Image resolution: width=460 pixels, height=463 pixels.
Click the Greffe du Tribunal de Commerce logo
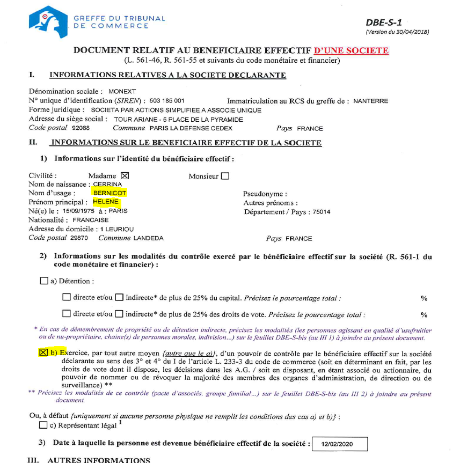(x=48, y=21)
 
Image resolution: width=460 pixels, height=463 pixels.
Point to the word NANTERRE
(x=370, y=101)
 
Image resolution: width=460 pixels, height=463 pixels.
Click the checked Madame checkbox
(x=125, y=175)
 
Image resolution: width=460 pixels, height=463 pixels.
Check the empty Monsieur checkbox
(x=225, y=175)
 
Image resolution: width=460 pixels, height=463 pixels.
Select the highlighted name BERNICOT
(x=109, y=193)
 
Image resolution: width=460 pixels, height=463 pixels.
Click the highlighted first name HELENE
(x=105, y=202)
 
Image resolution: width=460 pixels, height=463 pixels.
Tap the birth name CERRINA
(x=107, y=185)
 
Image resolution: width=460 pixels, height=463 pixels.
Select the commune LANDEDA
(x=148, y=238)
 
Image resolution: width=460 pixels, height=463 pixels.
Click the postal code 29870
(x=79, y=238)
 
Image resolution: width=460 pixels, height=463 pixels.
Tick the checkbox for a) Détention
(x=43, y=281)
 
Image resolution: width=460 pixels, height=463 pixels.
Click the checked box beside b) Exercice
(x=43, y=352)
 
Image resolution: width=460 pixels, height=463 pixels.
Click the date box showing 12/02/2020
(x=339, y=444)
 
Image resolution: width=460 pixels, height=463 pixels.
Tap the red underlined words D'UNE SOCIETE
(x=352, y=51)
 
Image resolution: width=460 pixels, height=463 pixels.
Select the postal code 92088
(x=80, y=128)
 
